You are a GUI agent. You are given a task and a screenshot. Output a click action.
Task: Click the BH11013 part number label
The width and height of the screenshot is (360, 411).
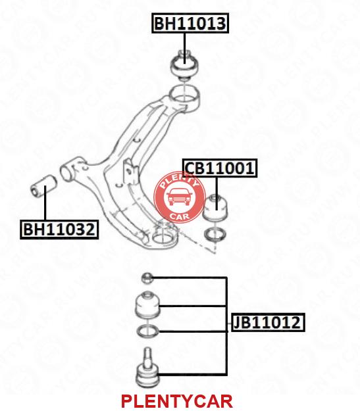click(x=190, y=23)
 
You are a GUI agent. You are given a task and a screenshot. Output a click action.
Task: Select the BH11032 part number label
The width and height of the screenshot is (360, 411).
click(x=59, y=230)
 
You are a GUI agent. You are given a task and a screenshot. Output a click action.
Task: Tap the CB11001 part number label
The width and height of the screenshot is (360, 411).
click(x=220, y=168)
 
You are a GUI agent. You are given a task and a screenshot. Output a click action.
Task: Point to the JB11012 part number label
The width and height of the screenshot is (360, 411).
click(x=267, y=322)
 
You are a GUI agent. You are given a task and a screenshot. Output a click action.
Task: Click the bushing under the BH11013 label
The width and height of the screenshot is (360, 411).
click(x=185, y=65)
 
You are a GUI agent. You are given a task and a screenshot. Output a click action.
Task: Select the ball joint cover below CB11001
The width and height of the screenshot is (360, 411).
click(x=216, y=208)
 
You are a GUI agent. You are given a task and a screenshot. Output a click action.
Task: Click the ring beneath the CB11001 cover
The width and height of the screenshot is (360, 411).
click(x=215, y=234)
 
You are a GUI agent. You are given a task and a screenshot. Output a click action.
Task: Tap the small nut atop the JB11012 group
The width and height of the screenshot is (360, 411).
click(x=147, y=278)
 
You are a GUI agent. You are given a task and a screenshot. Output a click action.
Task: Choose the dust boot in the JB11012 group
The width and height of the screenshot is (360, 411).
click(x=147, y=305)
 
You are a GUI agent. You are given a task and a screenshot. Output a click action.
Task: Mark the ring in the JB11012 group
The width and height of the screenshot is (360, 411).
click(x=147, y=331)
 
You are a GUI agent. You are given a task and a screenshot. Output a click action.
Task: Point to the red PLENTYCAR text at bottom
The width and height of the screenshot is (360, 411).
click(x=176, y=400)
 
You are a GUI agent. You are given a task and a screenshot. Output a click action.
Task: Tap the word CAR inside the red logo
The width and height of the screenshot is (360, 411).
click(x=180, y=216)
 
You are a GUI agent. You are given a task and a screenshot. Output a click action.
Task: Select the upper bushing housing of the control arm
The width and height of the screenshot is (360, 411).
click(x=185, y=99)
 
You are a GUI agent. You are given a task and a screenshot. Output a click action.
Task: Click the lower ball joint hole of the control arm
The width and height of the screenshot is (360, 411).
click(x=163, y=237)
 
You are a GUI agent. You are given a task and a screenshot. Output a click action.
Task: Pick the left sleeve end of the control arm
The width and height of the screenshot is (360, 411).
click(x=68, y=171)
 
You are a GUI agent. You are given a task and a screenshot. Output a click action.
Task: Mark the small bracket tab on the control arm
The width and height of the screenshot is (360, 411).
click(x=130, y=171)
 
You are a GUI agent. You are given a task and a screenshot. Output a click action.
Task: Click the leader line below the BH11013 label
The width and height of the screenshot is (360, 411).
click(x=185, y=49)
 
